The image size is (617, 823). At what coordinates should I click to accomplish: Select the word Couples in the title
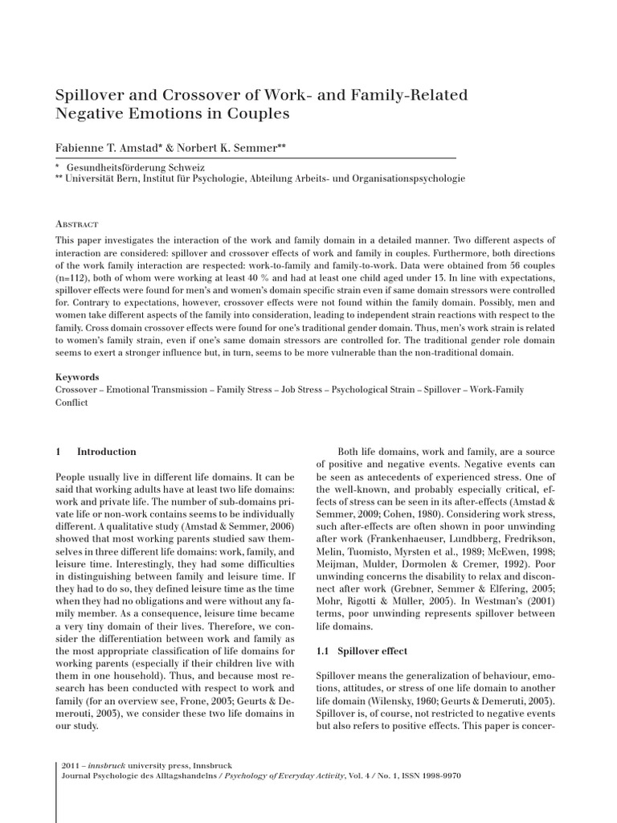coord(259,114)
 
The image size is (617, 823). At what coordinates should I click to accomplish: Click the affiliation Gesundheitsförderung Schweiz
coord(125,166)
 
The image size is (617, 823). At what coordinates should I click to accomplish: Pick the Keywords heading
coord(77,377)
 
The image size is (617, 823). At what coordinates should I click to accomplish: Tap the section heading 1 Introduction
coord(96,452)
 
